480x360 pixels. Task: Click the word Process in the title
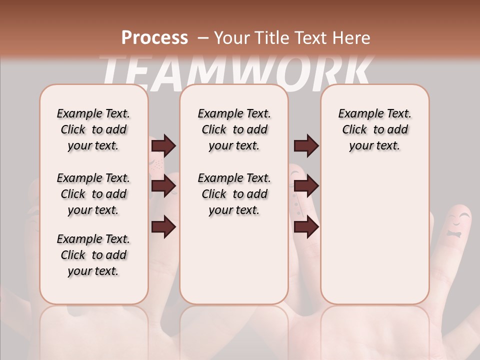coord(154,37)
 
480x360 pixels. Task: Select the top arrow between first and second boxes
coord(163,145)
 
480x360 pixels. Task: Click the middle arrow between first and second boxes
coord(163,186)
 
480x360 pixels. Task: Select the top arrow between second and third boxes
coord(306,145)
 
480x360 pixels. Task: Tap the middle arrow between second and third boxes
coord(306,186)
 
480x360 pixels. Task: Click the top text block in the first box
coord(93,129)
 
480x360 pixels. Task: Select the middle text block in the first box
coord(93,194)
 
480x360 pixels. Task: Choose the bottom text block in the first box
coord(93,255)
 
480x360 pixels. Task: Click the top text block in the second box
coord(234,129)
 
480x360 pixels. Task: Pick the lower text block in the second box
coord(234,194)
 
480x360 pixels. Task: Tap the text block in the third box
coord(375,129)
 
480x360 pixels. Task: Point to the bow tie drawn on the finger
coord(454,234)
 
